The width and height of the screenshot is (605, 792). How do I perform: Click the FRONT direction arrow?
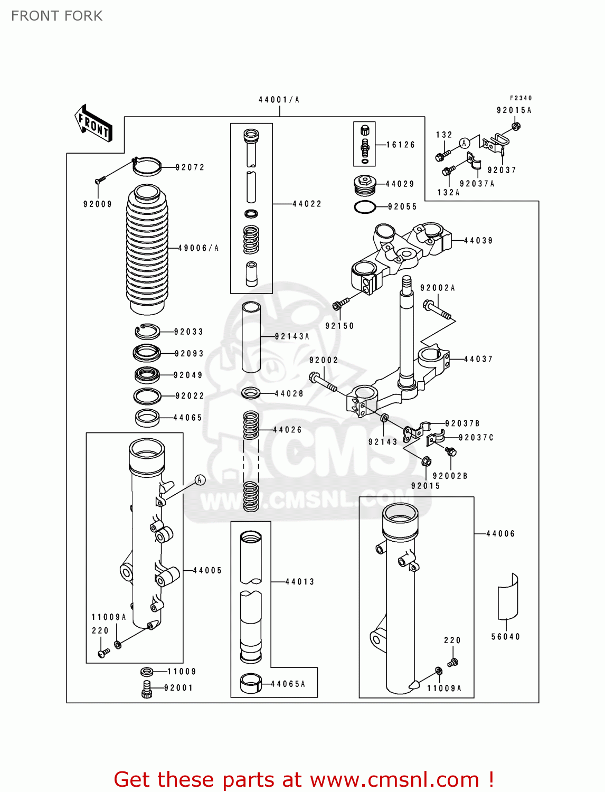point(93,124)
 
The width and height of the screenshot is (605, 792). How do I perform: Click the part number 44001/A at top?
point(279,100)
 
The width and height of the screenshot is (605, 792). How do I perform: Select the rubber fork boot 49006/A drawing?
point(147,248)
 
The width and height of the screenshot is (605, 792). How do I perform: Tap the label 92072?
point(190,167)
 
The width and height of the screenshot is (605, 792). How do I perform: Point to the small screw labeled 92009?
point(99,180)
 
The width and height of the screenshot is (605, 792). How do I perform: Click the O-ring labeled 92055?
point(364,207)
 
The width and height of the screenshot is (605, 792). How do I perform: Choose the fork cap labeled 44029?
point(365,184)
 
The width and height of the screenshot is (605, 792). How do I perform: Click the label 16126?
point(401,145)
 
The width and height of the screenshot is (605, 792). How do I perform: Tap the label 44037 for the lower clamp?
point(478,359)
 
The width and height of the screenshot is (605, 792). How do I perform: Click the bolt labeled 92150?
point(340,304)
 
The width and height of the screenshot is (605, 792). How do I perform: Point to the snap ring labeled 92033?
point(147,332)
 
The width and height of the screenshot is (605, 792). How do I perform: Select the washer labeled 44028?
point(251,393)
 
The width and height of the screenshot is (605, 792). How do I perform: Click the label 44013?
point(299,582)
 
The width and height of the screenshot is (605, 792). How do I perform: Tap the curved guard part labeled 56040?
point(508,597)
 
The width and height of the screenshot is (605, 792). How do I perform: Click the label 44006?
point(500,534)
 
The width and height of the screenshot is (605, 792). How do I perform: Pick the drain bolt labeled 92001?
point(147,689)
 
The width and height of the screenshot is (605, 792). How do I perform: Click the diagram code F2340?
point(521,98)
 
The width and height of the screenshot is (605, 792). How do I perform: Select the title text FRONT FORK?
point(57,16)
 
